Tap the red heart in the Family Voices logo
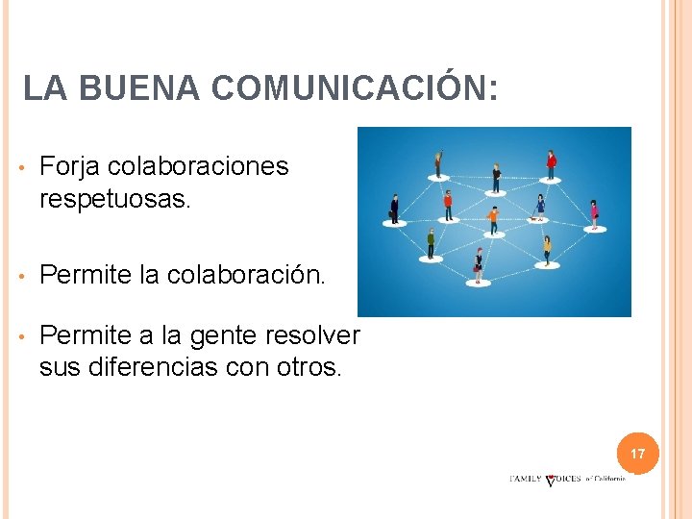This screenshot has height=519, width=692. tap(550, 480)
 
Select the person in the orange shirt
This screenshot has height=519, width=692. tap(493, 219)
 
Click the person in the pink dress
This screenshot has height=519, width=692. tap(594, 213)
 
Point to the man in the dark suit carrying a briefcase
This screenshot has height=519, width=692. tap(394, 208)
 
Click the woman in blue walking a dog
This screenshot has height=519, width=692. tap(540, 206)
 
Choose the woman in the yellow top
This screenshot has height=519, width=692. tap(547, 250)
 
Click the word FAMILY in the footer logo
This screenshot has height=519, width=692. tap(525, 479)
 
